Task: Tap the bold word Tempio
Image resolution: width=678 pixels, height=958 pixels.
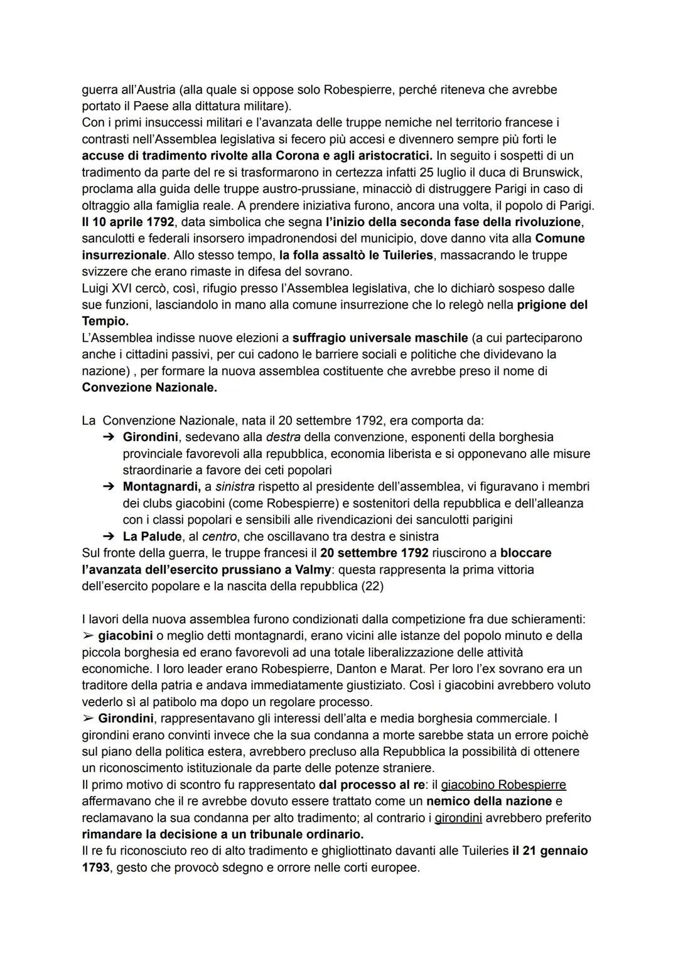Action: pos(105,321)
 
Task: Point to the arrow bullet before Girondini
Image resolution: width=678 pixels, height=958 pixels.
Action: pos(108,437)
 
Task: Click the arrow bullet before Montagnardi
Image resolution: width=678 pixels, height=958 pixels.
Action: pos(108,487)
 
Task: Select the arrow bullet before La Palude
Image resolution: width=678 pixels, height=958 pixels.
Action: pos(108,536)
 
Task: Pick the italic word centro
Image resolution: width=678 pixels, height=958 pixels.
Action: pos(219,536)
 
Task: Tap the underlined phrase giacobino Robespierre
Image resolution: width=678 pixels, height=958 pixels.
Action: pos(503,785)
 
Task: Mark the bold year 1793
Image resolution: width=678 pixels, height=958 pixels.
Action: pos(96,868)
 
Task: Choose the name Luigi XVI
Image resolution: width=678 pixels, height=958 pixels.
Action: pos(110,288)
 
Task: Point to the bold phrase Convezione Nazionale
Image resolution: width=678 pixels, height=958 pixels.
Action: pos(149,388)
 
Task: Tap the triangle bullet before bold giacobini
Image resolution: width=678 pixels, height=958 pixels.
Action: pos(88,636)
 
